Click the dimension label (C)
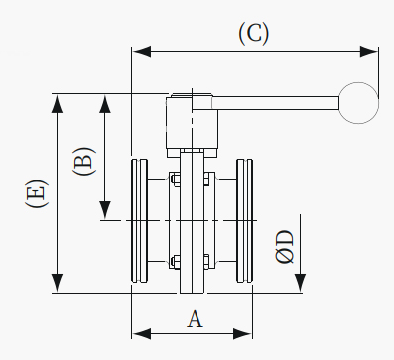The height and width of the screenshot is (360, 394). (254, 34)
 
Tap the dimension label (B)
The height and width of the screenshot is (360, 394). (83, 161)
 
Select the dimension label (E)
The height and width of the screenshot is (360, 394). (37, 193)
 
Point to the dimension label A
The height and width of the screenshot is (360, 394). (195, 319)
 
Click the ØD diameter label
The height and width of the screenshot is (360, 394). (285, 247)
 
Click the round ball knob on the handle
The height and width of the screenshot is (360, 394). (358, 103)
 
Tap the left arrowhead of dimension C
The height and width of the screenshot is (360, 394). (142, 52)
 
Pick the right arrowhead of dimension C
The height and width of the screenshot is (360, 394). (369, 52)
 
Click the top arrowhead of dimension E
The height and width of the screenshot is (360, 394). (58, 104)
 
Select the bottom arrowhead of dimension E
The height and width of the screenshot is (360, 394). (58, 283)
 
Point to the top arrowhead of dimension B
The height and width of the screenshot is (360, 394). (105, 104)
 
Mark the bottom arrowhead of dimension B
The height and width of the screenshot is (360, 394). (105, 210)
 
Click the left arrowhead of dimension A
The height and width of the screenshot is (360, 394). (142, 333)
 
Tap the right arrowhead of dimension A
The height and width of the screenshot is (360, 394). (243, 333)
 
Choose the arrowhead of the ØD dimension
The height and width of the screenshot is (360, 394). (300, 283)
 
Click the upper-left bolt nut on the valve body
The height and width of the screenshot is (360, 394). (176, 180)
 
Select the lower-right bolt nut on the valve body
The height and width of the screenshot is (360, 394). (206, 262)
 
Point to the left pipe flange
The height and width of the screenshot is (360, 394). (139, 221)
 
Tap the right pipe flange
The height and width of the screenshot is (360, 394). (245, 221)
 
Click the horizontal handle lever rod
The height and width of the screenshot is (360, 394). (275, 103)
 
